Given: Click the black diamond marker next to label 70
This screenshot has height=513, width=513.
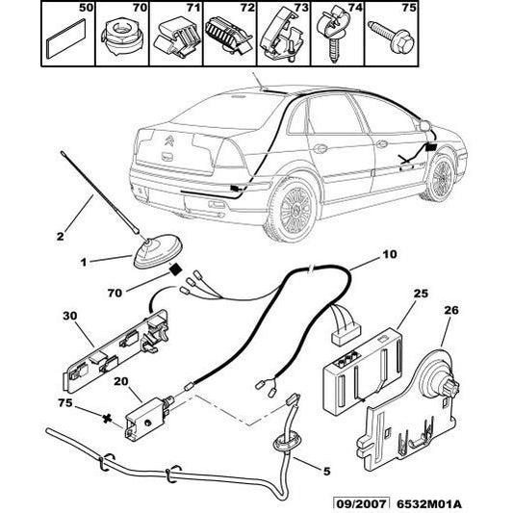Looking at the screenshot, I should pos(176,271).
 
